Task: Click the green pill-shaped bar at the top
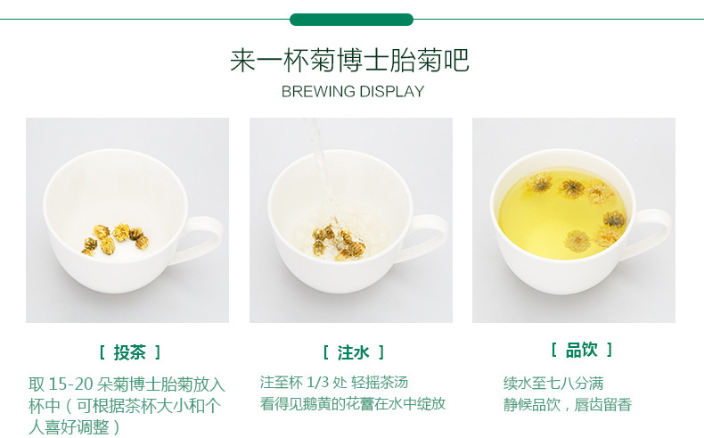[351, 20]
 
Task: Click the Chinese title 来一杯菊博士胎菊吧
[349, 60]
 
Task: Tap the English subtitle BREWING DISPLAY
[353, 92]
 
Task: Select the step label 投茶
[130, 352]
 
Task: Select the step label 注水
[353, 352]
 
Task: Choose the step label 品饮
[582, 350]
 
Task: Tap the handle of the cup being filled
[429, 238]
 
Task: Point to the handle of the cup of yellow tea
[651, 233]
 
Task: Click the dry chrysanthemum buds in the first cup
[115, 238]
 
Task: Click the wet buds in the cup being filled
[338, 243]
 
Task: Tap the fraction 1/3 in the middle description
[318, 383]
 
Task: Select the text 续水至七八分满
[553, 384]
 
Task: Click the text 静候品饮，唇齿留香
[568, 405]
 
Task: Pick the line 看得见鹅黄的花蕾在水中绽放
[353, 403]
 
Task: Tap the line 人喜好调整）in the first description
[75, 427]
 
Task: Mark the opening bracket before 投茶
[102, 352]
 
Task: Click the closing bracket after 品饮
[610, 350]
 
